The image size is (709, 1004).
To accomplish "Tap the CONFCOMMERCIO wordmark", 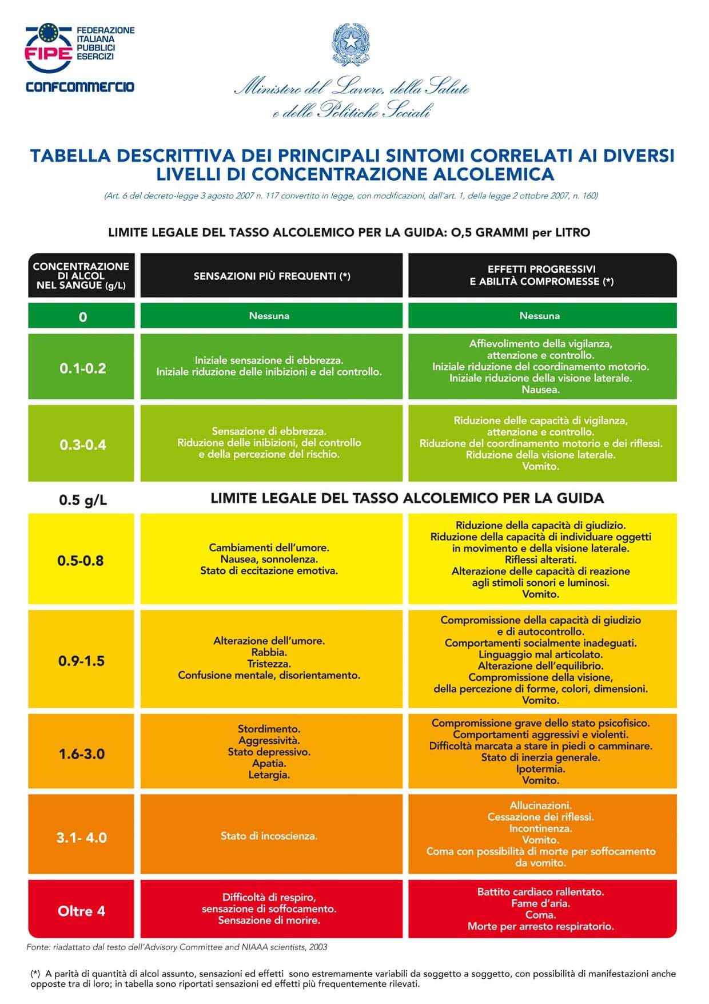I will coord(80,86).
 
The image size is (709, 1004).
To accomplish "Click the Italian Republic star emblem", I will coord(350,43).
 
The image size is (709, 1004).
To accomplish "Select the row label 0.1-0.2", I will coord(83,368).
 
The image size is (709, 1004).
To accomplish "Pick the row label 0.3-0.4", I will coord(83,445).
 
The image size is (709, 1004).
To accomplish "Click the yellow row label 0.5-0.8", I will coord(81,560).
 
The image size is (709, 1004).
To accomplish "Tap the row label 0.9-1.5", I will coord(81,661).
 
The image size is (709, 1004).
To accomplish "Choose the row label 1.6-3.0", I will coord(82,753).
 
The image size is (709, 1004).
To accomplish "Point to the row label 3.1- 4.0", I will coord(82,838).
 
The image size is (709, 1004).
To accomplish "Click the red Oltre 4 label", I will coord(82,911).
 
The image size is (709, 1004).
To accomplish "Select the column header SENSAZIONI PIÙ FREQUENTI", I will coord(272,276).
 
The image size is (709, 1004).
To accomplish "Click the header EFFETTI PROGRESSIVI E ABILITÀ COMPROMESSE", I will coord(541,275).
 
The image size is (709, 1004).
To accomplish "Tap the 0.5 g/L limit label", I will coord(83,500).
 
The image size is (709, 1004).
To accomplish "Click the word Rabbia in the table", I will coord(269,652).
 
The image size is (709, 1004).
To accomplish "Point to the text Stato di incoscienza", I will coord(269,836).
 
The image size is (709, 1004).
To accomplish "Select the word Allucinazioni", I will coord(540,805).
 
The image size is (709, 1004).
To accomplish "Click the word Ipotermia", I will coord(540,769).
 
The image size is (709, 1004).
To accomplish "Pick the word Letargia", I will coord(269,775).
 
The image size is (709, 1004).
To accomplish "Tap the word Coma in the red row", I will coord(540,914).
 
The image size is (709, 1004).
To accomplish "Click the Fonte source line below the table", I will coord(177,947).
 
